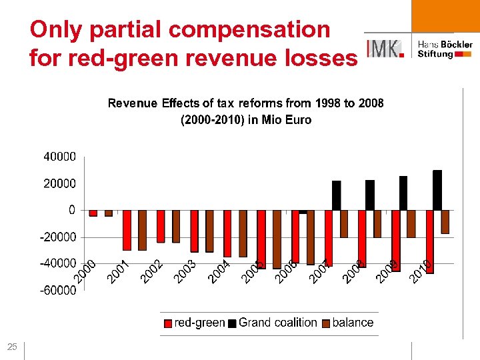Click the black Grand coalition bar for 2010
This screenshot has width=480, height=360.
coord(437,190)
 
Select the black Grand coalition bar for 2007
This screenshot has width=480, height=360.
coord(336,195)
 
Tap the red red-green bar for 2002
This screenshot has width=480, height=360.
coord(161,226)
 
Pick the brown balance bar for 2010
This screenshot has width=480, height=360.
coord(445,221)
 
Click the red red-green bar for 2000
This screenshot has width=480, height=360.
coord(93,213)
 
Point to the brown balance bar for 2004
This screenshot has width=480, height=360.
coord(243,233)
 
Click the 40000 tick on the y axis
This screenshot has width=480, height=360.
coord(60,157)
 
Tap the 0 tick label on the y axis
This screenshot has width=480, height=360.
coord(71,209)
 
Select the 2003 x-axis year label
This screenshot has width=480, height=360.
coord(185,271)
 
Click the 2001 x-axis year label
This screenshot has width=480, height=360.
coord(117,271)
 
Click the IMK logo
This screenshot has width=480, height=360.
coord(385,48)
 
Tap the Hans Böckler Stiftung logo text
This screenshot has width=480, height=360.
coord(445,49)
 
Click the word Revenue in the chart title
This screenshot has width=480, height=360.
coord(133,103)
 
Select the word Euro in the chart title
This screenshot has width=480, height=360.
coord(297,120)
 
